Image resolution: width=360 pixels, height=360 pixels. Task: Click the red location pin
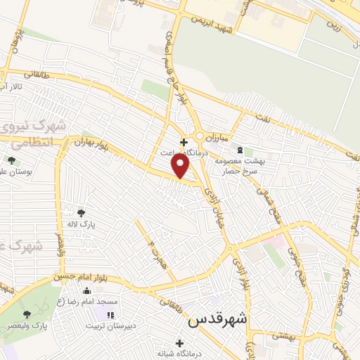click(181, 165)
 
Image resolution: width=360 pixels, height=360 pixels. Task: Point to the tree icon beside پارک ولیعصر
click(27, 314)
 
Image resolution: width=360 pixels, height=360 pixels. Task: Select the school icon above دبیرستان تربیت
click(110, 314)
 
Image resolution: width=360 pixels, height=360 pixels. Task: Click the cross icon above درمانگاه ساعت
click(184, 141)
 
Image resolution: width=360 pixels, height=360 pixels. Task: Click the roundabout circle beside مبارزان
click(200, 136)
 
